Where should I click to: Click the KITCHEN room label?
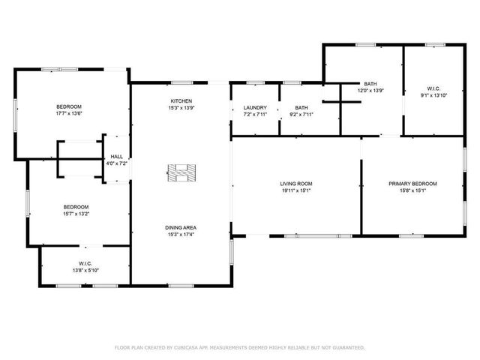pyautogui.click(x=181, y=101)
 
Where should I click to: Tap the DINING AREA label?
pyautogui.click(x=181, y=227)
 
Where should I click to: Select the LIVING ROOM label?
pyautogui.click(x=296, y=184)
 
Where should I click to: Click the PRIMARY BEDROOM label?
pyautogui.click(x=412, y=184)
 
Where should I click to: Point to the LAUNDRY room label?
pyautogui.click(x=255, y=107)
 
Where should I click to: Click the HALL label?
pyautogui.click(x=117, y=157)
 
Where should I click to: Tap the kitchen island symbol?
pyautogui.click(x=181, y=172)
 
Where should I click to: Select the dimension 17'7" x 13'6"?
pyautogui.click(x=68, y=114)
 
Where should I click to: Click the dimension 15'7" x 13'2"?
pyautogui.click(x=76, y=214)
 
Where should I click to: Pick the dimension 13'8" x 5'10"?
pyautogui.click(x=85, y=270)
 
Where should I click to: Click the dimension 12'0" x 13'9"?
pyautogui.click(x=370, y=90)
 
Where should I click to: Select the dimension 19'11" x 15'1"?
pyautogui.click(x=296, y=190)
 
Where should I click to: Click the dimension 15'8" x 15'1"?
pyautogui.click(x=412, y=190)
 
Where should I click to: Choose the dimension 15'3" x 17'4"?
pyautogui.click(x=181, y=235)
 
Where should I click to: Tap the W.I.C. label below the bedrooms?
pyautogui.click(x=85, y=263)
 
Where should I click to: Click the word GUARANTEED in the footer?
pyautogui.click(x=347, y=347)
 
